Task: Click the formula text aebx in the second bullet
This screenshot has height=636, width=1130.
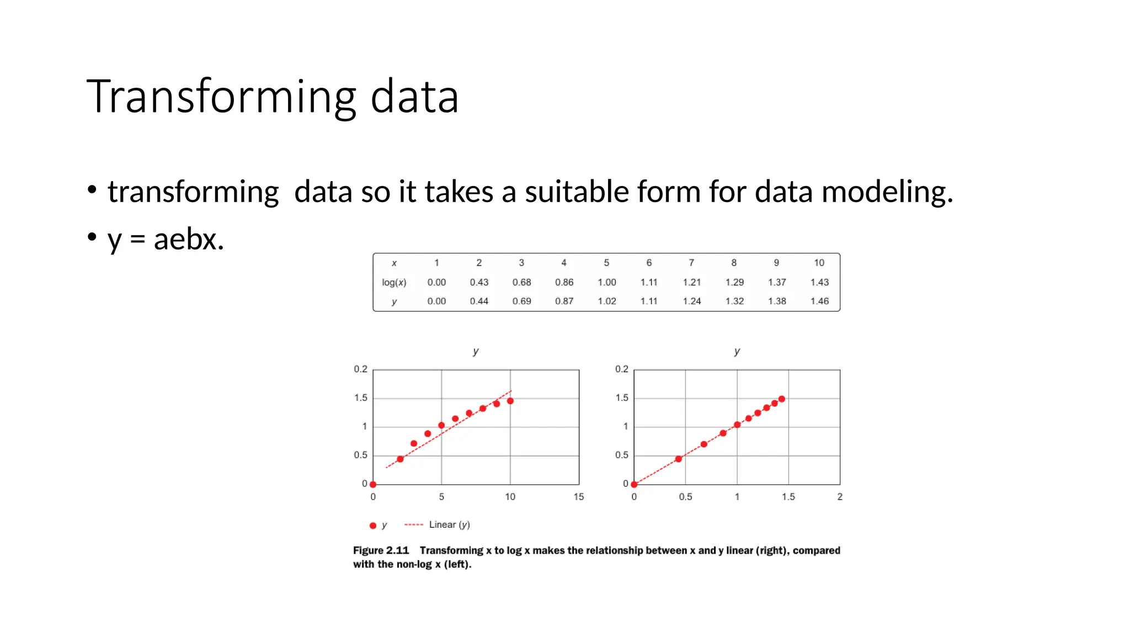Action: [x=188, y=240]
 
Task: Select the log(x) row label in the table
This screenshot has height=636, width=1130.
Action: [x=394, y=282]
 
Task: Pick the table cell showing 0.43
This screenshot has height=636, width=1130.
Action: [x=479, y=282]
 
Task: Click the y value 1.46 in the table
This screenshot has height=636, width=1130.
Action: [x=819, y=301]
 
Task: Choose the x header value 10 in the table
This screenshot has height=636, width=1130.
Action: [x=819, y=263]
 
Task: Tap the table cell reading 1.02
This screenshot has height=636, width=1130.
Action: [x=606, y=301]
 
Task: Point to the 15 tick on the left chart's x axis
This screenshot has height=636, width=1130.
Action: [x=578, y=497]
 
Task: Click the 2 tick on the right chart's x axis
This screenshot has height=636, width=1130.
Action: [x=840, y=497]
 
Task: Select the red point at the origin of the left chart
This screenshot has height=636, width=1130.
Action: [x=373, y=484]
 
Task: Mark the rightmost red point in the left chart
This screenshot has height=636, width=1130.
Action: [x=510, y=401]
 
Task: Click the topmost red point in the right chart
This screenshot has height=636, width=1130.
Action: [x=782, y=399]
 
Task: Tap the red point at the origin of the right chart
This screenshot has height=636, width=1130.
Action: [x=634, y=484]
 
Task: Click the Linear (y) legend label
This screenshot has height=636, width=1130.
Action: [x=449, y=524]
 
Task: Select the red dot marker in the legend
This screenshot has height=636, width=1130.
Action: [x=373, y=526]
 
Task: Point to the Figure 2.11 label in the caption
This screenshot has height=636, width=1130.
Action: [x=381, y=550]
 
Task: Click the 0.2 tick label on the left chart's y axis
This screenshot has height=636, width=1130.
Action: [x=360, y=369]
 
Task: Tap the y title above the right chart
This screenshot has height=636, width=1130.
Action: [x=737, y=351]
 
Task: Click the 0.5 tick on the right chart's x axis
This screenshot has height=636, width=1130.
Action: [x=685, y=497]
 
